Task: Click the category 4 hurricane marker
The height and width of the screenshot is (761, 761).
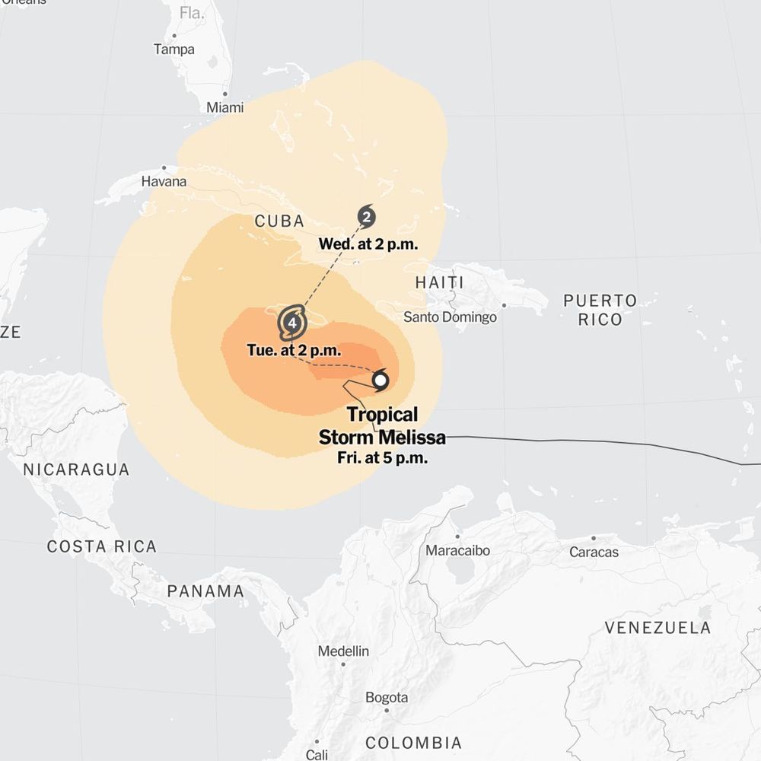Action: coord(292,323)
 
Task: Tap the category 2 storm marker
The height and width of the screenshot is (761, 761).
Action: coord(367,218)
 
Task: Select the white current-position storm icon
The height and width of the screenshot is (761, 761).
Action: coord(380,380)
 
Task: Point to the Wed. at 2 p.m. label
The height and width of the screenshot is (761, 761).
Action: coord(368,244)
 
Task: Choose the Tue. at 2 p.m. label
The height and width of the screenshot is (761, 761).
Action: coord(294,351)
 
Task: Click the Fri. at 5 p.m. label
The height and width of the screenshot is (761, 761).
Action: coord(382,458)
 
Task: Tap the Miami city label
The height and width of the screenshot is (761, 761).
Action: coord(225,107)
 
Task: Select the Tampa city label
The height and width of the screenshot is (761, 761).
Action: coord(174,49)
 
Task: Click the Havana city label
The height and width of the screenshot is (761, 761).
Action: coord(164,181)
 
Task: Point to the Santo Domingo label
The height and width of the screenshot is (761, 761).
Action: coord(450,317)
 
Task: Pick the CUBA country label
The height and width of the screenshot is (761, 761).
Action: coord(279,221)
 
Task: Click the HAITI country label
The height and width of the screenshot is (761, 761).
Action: coord(439,282)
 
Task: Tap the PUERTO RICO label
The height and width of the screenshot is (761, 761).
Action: coord(600,310)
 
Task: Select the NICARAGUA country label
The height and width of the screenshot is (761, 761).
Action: coord(76,470)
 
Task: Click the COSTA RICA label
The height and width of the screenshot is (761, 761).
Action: coord(102,546)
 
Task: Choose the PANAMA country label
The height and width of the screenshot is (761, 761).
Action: coord(205,591)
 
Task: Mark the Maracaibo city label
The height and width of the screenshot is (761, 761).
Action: coord(458,550)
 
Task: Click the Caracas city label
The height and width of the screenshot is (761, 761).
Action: coord(594,552)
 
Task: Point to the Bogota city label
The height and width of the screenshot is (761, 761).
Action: coord(387,697)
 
